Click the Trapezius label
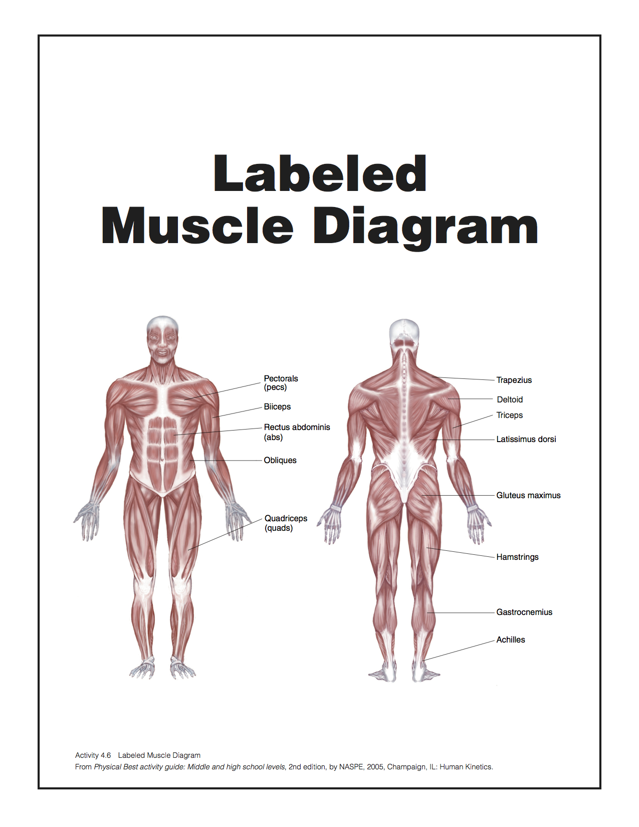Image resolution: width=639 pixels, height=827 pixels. (514, 380)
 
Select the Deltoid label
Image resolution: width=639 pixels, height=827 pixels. (510, 399)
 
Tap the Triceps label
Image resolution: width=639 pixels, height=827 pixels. (509, 415)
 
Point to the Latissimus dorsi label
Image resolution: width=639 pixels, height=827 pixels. (526, 439)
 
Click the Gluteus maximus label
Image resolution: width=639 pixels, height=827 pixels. (528, 495)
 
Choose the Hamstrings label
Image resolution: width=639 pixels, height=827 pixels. (517, 557)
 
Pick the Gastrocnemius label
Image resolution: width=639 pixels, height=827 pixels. (524, 612)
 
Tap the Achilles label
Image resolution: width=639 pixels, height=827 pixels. (511, 640)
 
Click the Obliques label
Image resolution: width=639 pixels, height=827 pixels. (280, 460)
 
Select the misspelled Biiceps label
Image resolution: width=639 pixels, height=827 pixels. (277, 406)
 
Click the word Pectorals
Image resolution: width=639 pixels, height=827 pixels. (281, 378)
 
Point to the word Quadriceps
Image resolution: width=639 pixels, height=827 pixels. (286, 518)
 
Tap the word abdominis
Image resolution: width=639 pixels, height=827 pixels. (311, 427)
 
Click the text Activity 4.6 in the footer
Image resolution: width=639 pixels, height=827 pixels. (93, 755)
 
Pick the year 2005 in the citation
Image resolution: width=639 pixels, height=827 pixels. (375, 767)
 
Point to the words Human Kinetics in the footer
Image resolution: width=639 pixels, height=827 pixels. (466, 767)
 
